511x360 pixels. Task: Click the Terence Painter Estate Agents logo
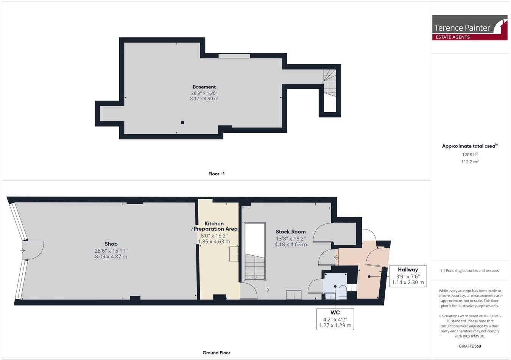click(x=469, y=28)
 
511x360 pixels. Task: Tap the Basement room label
click(x=204, y=87)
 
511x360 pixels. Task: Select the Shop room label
click(x=111, y=244)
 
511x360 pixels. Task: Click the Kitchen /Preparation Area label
click(x=214, y=226)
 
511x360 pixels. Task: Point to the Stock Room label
click(x=290, y=232)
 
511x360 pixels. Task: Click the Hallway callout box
click(x=408, y=276)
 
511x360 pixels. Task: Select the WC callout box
click(x=335, y=319)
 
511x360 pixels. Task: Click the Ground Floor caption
click(x=216, y=353)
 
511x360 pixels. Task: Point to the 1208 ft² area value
click(x=470, y=154)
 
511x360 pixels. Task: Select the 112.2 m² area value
click(x=470, y=162)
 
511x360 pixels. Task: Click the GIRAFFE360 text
click(x=470, y=346)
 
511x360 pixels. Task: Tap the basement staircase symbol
click(x=329, y=82)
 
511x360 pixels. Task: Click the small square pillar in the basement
click(x=182, y=122)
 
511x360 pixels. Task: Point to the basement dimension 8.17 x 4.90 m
click(x=204, y=99)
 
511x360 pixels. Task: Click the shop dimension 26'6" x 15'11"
click(x=111, y=250)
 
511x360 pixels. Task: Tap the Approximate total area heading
click(x=469, y=146)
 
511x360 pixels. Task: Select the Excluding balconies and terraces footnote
click(x=470, y=271)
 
